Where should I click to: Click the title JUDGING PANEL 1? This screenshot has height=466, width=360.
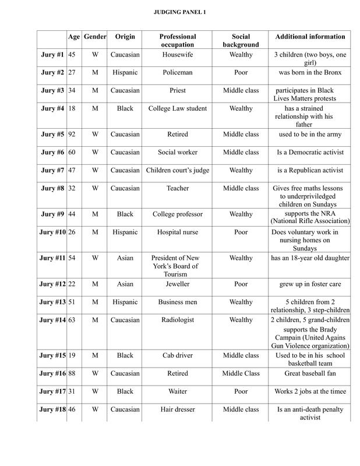coord(180,12)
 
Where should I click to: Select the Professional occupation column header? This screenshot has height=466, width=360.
coord(178,41)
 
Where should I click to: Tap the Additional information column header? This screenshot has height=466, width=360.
coord(310,37)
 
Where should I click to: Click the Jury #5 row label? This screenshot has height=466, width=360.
coord(52,135)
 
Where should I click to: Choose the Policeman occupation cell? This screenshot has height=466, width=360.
coord(178,73)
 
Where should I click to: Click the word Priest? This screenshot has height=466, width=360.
coord(178,91)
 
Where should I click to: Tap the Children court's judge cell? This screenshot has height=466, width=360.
coord(178,171)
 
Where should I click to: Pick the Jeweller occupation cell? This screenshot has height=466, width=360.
coord(178,284)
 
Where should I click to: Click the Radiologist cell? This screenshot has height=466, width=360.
coord(178,320)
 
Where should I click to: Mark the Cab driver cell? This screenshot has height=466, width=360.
coord(178,356)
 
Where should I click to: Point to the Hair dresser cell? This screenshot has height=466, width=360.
coord(178,410)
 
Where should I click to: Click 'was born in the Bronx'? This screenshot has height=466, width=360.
coord(310,73)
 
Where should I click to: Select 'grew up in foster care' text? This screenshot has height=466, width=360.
coord(310,284)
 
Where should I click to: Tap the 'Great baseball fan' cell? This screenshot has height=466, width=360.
coord(310,374)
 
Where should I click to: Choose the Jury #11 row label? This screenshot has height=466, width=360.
coord(51,258)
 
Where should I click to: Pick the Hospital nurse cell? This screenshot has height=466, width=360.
coord(178,231)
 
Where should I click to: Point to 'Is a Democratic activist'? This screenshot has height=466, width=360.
coord(310,153)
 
